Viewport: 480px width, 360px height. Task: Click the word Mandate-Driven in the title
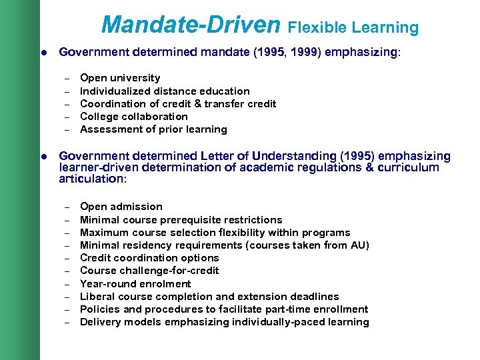click(x=191, y=25)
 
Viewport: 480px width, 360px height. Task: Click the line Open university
click(x=120, y=78)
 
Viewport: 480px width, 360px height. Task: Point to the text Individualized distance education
click(x=165, y=91)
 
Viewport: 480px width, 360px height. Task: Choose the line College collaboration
click(x=133, y=116)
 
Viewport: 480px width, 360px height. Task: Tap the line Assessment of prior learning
click(x=153, y=129)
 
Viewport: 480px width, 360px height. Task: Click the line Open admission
click(x=121, y=207)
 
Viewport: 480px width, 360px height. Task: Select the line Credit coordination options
click(x=149, y=257)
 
